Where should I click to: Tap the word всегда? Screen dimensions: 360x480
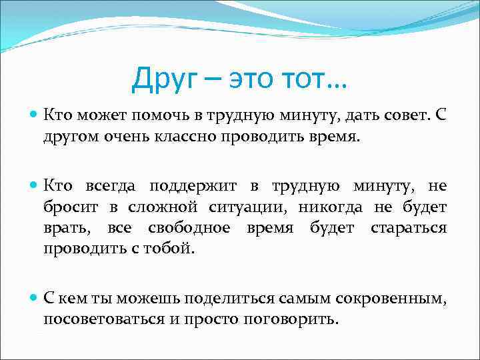112,185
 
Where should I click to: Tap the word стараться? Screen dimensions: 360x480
407,229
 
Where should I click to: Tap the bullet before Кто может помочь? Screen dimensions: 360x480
33,115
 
